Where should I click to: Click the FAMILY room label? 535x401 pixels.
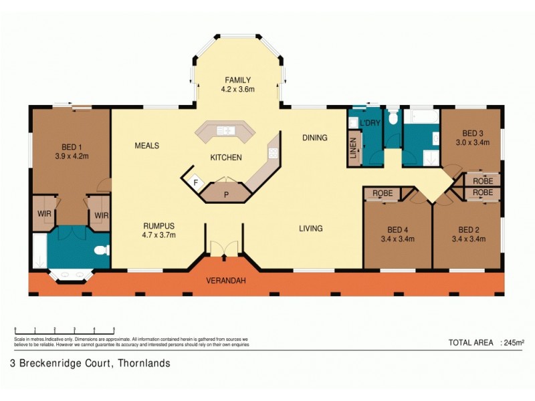237,80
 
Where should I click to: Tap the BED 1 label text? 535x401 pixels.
75,147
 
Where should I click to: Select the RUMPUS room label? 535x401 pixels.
158,226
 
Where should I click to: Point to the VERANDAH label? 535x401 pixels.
225,281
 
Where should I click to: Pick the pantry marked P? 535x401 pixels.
226,195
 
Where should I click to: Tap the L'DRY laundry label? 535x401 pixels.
369,124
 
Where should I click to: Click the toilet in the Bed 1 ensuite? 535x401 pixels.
100,251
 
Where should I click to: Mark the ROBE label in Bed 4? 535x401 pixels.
383,193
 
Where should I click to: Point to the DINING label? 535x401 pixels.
314,138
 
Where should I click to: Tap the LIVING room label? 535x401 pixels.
310,229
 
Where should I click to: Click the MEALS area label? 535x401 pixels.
146,145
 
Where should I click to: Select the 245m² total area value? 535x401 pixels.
513,343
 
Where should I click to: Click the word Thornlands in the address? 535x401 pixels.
144,364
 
